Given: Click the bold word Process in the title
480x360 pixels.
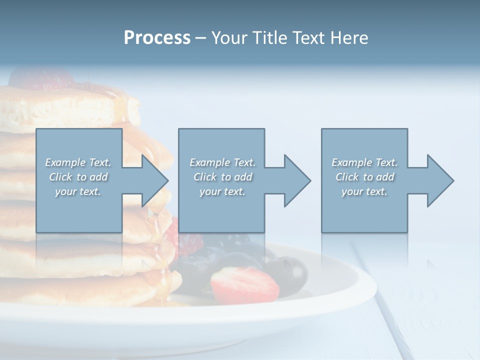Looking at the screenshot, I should point(157,38).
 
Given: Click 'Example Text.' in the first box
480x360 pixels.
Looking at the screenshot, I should point(78,162).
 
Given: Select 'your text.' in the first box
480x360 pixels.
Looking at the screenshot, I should point(78,191).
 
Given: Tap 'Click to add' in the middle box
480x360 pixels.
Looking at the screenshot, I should point(222,177).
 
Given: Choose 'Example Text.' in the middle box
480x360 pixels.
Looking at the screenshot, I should point(222,162).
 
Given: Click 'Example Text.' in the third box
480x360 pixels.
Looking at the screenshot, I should point(364,162).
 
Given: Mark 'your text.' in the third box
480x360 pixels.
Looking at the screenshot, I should point(364,191).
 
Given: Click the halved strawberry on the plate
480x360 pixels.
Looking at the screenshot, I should point(244,283).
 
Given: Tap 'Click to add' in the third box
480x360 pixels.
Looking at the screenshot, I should point(364,177).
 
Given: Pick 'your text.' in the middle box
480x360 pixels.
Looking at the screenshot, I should point(222,191).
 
